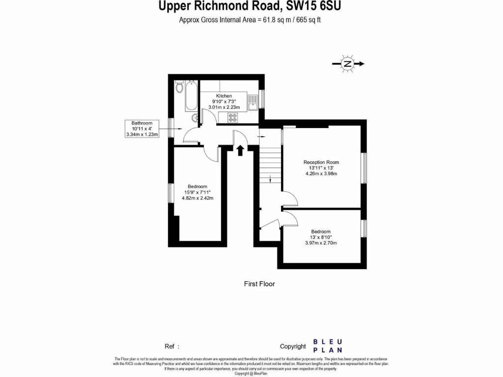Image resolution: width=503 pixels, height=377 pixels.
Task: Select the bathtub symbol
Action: (x=190, y=96)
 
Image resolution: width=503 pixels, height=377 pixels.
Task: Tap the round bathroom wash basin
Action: (x=195, y=117)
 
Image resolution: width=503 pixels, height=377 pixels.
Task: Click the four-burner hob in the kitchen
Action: (x=232, y=117)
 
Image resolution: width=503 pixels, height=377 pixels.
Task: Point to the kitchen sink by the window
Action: (x=253, y=102)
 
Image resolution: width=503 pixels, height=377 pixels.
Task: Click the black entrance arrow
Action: (x=240, y=150)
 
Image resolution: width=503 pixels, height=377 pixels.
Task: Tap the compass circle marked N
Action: (x=348, y=64)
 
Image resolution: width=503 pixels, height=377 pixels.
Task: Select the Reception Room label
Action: (x=321, y=162)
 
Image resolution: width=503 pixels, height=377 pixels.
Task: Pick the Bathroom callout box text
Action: (x=142, y=129)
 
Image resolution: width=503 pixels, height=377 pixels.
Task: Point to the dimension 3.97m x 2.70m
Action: (x=321, y=243)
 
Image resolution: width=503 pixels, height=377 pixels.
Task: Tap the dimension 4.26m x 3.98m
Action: (x=321, y=174)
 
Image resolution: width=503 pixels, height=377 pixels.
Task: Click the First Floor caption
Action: (x=259, y=284)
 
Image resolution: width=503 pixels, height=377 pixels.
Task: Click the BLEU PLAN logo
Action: (x=328, y=346)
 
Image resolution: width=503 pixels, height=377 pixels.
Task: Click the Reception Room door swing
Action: (x=290, y=198)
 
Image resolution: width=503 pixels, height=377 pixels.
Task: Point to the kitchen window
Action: (x=262, y=99)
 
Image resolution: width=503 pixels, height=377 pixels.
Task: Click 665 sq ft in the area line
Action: (x=308, y=20)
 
